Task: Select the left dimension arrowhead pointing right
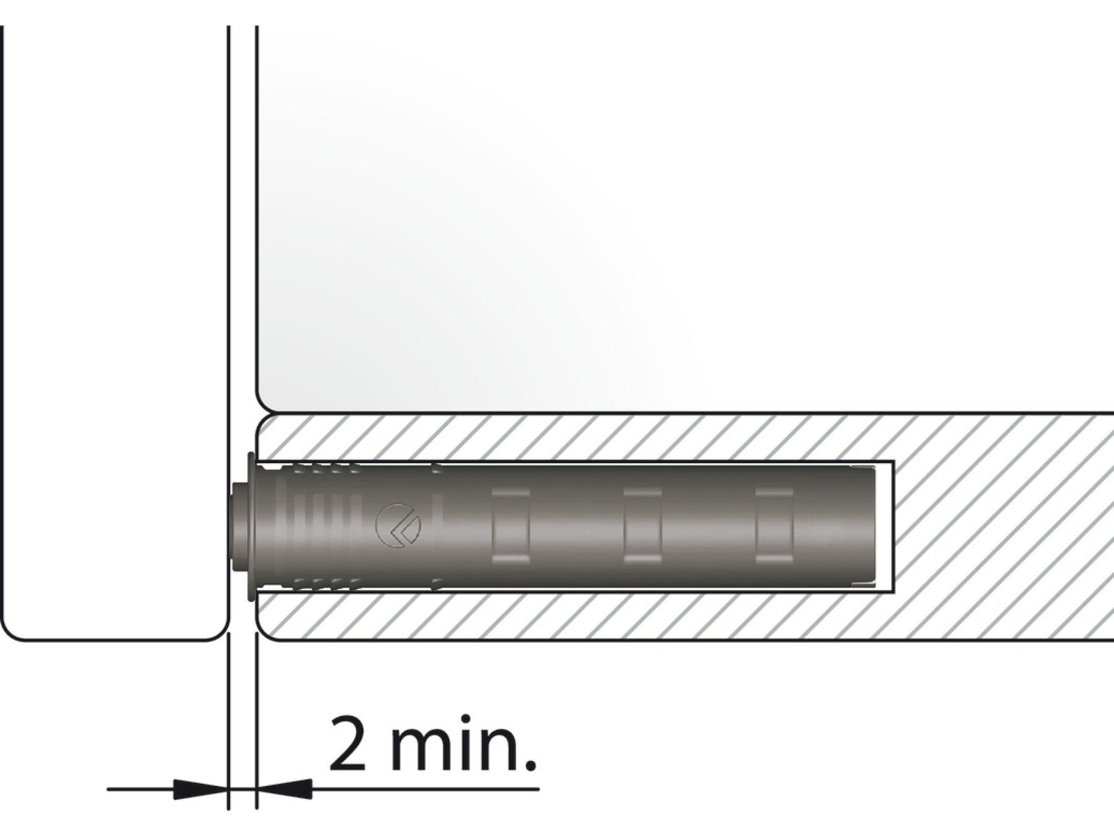point(201,789)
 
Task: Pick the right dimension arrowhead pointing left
point(284,789)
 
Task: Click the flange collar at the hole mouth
point(250,526)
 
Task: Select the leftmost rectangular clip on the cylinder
point(511,526)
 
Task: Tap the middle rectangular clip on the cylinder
point(642,526)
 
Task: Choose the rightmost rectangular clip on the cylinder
point(774,526)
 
